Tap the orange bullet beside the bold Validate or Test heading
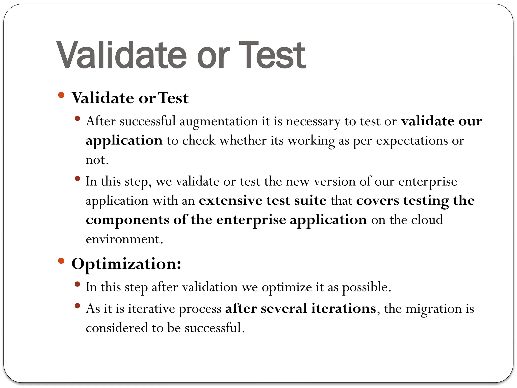click(x=61, y=95)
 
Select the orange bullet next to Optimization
click(x=61, y=261)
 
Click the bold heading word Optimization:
click(x=126, y=264)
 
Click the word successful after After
click(x=147, y=121)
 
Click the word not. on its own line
click(x=97, y=160)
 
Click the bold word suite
click(x=310, y=201)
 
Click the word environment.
click(x=124, y=239)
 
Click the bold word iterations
click(x=344, y=308)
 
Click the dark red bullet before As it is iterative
click(x=77, y=306)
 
